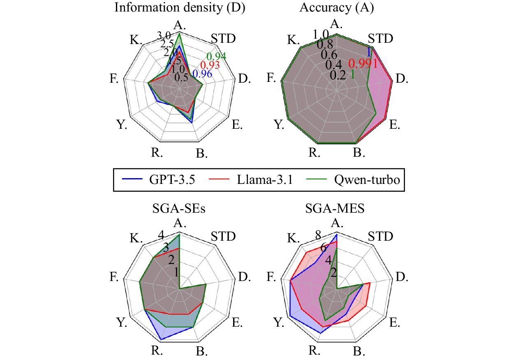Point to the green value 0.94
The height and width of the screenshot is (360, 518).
pos(216,57)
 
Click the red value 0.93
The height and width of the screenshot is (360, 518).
pos(210,65)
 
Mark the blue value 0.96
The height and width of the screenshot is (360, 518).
pos(202,74)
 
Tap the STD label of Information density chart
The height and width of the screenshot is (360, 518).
pos(223,39)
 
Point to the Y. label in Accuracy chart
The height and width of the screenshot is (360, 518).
pos(280,125)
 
